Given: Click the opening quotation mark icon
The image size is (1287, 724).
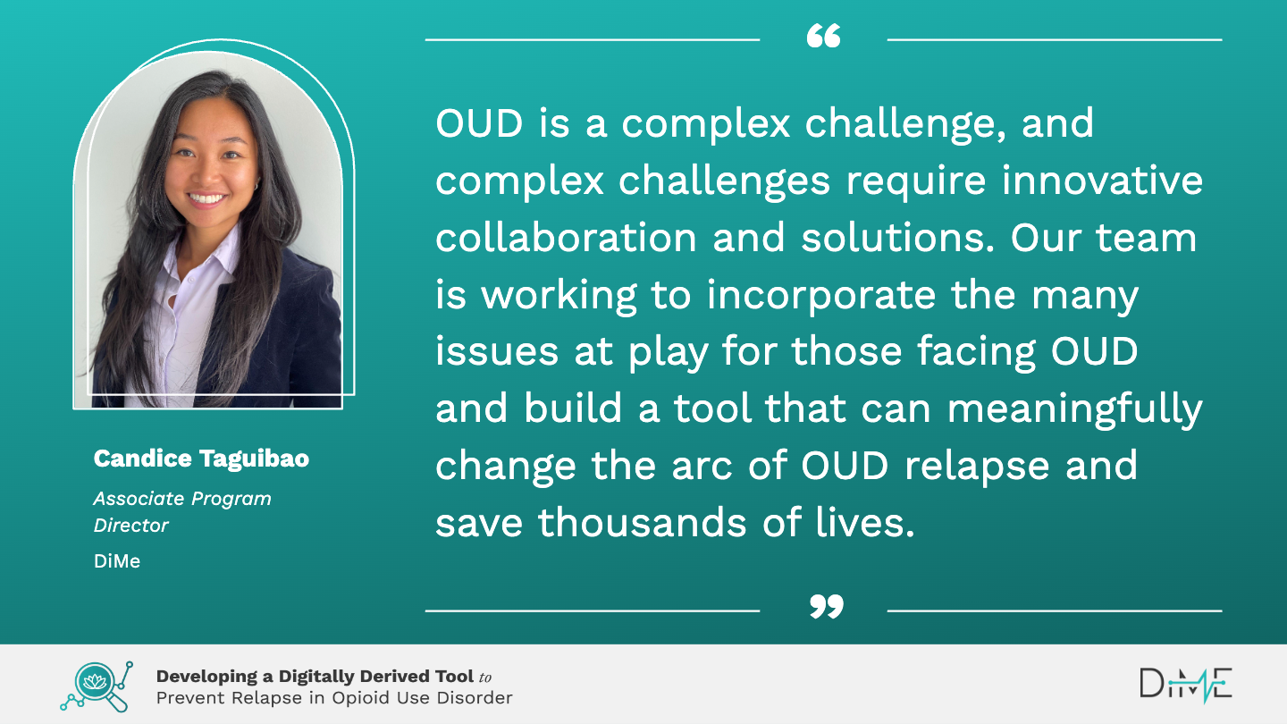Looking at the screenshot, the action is [823, 36].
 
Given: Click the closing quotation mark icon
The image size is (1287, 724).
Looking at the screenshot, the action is [826, 606].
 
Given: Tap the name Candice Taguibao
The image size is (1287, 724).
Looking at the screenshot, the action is [201, 459].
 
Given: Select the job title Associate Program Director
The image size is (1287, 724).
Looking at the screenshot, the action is [182, 511].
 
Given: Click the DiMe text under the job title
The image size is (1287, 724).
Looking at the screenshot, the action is [116, 560].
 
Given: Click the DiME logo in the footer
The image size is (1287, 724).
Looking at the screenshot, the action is [1186, 685].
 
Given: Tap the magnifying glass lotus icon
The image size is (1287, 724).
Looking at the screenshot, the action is [97, 686].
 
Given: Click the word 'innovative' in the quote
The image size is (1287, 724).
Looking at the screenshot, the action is [1102, 181].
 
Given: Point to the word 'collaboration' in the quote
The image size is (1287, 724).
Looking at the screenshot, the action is [566, 238].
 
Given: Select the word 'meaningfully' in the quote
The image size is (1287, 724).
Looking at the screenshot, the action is [1074, 410].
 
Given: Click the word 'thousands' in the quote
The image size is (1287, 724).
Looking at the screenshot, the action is [642, 523].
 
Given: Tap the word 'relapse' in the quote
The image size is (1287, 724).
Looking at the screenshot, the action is [977, 467].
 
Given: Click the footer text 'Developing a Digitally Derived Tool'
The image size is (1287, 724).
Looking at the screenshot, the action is [315, 677].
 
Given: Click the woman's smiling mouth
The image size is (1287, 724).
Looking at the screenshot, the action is [206, 198].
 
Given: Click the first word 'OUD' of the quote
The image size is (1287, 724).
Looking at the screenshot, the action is [479, 123].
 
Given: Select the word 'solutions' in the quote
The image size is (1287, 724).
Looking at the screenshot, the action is [897, 238].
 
